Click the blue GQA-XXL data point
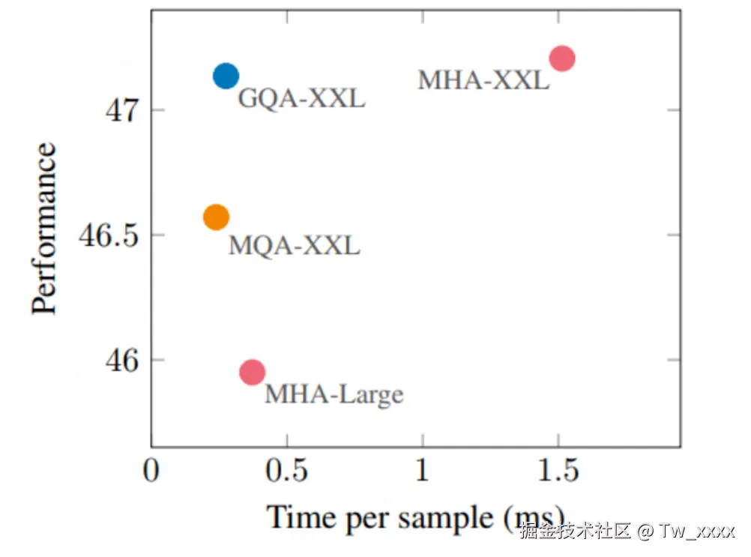tap(225, 75)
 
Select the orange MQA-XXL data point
tap(216, 217)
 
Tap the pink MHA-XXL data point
tap(561, 58)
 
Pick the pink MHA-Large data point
tap(253, 371)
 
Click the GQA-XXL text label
tap(301, 98)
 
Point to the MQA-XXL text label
tap(294, 245)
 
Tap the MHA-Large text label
tap(334, 394)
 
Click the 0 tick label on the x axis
tap(152, 472)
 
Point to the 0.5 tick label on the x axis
tap(288, 472)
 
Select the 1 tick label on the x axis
tap(423, 472)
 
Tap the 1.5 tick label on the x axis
tap(558, 472)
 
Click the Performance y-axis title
tap(45, 229)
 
